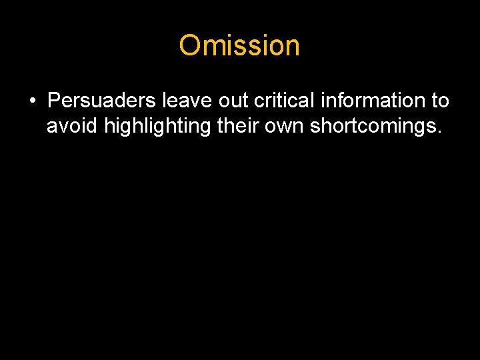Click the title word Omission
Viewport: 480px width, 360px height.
(x=239, y=46)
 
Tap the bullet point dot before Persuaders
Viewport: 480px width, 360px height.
(x=32, y=101)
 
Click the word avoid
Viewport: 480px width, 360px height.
(x=73, y=125)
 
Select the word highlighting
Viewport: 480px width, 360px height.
(x=159, y=125)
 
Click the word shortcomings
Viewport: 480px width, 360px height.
(x=374, y=125)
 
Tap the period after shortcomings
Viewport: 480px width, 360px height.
(x=439, y=131)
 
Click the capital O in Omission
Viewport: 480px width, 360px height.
(x=190, y=46)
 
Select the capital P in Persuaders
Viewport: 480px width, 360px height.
(x=54, y=101)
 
